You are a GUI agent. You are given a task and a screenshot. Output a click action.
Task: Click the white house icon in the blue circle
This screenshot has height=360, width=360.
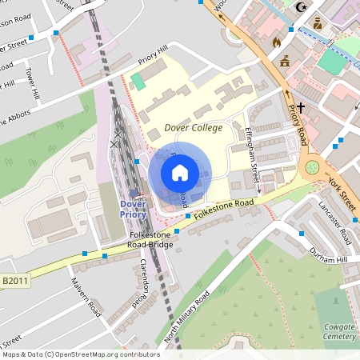tap(179, 172)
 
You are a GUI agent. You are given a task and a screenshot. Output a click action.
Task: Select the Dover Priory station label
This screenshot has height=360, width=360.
tap(133, 208)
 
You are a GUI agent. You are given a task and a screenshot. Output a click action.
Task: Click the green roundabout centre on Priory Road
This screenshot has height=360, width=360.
tap(311, 168)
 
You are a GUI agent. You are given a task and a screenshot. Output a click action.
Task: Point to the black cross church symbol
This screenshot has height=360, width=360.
tap(302, 106)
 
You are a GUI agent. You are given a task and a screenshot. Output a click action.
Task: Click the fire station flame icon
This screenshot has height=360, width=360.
tap(278, 42)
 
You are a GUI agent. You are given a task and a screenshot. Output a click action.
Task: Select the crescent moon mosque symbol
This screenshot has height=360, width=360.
tap(302, 7)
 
